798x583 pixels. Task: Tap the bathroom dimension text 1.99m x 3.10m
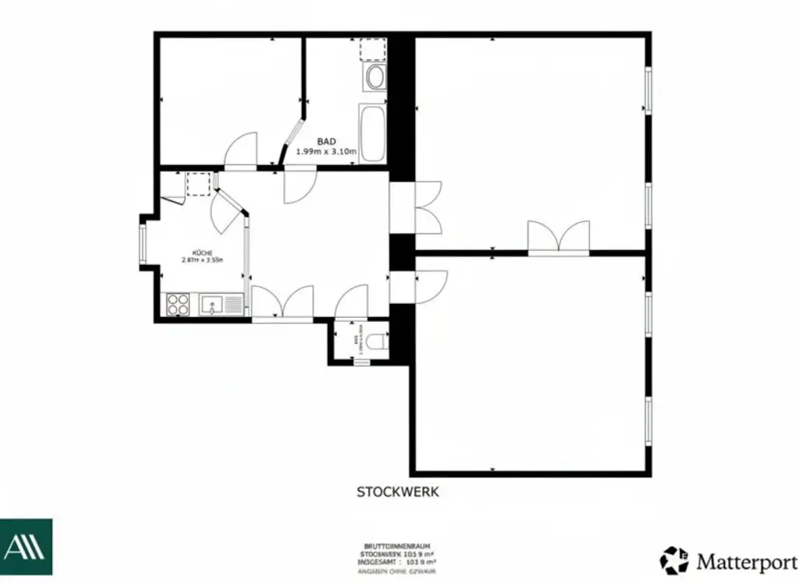[327, 152]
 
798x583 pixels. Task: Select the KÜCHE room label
[203, 253]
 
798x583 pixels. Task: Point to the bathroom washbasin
[376, 78]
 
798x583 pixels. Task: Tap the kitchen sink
[212, 304]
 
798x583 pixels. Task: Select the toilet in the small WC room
[377, 341]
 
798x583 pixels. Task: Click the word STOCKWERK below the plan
[398, 492]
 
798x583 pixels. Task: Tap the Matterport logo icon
[674, 560]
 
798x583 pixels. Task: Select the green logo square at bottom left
[26, 546]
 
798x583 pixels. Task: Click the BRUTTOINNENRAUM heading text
[397, 546]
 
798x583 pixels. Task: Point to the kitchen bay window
[143, 242]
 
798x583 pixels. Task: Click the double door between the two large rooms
[558, 238]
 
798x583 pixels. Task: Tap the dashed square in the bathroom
[373, 50]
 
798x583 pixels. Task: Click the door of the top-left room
[241, 151]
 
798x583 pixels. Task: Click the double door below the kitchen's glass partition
[282, 302]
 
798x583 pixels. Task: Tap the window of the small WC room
[362, 362]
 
